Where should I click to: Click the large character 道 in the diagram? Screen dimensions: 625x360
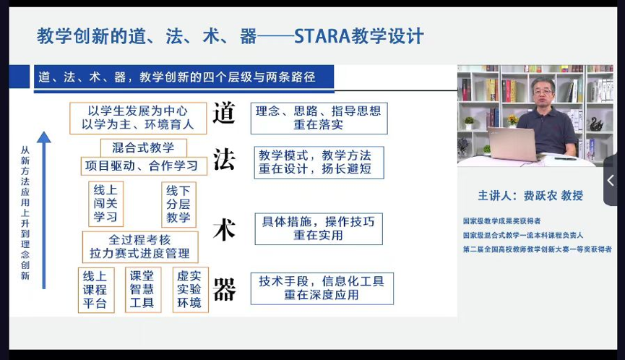pyautogui.click(x=223, y=113)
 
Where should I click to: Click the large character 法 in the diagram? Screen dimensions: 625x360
pyautogui.click(x=224, y=159)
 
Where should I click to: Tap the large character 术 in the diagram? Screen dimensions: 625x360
pyautogui.click(x=224, y=230)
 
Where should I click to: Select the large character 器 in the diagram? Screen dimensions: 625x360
pyautogui.click(x=225, y=289)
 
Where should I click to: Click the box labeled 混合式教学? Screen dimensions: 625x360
pyautogui.click(x=144, y=148)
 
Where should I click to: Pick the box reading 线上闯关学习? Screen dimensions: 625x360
pyautogui.click(x=105, y=204)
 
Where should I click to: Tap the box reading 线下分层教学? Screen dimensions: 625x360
pyautogui.click(x=178, y=204)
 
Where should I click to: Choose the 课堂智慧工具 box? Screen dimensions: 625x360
pyautogui.click(x=142, y=289)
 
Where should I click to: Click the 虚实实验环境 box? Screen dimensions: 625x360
pyautogui.click(x=190, y=289)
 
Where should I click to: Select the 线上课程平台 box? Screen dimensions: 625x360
pyautogui.click(x=96, y=290)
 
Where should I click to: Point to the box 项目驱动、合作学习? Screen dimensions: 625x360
pyautogui.click(x=144, y=166)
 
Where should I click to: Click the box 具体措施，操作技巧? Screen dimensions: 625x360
pyautogui.click(x=319, y=229)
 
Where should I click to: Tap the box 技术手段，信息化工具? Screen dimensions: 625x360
pyautogui.click(x=322, y=288)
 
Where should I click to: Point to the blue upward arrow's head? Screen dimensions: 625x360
pyautogui.click(x=44, y=137)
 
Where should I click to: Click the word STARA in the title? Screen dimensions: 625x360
pyautogui.click(x=322, y=36)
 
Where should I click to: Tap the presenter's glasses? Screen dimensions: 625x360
pyautogui.click(x=543, y=92)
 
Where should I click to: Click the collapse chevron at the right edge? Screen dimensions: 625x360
pyautogui.click(x=611, y=180)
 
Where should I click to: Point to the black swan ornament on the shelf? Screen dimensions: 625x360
pyautogui.click(x=596, y=124)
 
